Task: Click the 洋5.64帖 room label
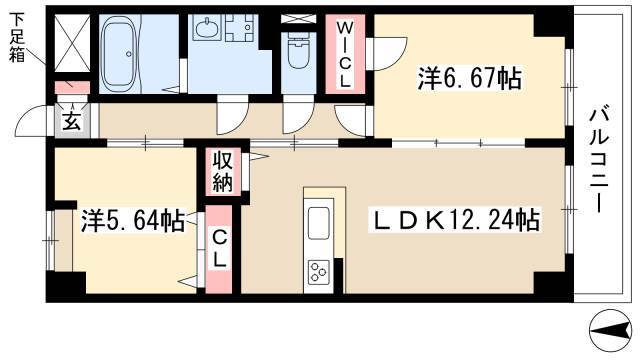(131, 220)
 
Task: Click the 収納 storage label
(222, 172)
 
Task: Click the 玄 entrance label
(73, 121)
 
